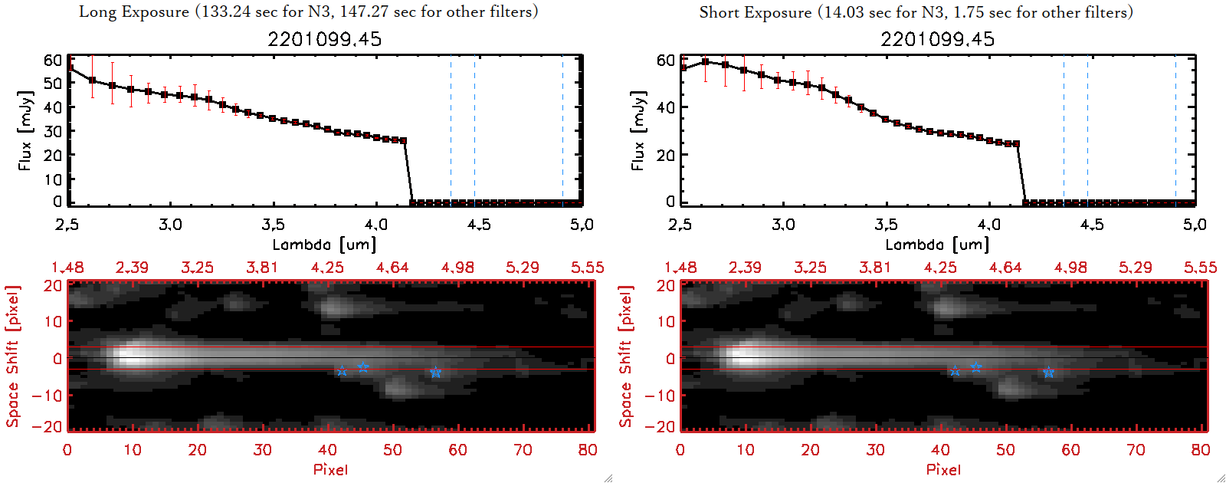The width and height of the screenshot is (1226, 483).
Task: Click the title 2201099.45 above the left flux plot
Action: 324,39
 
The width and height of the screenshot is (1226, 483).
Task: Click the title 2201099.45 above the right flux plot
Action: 937,39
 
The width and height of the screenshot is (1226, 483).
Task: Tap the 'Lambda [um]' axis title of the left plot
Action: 324,245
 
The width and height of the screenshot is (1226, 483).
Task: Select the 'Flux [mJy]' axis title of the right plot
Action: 638,130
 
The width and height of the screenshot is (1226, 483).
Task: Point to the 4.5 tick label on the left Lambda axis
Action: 479,225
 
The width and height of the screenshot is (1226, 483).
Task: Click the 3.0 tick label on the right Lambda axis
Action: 783,225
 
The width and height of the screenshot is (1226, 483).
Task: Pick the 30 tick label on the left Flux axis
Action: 52,131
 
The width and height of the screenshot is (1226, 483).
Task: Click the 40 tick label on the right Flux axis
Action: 665,107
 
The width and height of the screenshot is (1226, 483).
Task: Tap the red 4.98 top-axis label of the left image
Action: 457,268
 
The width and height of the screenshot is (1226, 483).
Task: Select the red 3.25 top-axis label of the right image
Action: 810,268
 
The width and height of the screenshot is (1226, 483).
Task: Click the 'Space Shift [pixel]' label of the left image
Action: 13,356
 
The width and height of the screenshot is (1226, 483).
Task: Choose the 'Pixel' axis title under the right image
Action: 943,469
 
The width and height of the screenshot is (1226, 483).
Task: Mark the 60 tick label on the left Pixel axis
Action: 457,450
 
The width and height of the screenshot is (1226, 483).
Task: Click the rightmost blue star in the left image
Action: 435,373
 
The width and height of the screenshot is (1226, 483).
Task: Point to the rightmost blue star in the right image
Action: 1048,373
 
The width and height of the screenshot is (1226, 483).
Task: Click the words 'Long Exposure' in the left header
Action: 134,11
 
